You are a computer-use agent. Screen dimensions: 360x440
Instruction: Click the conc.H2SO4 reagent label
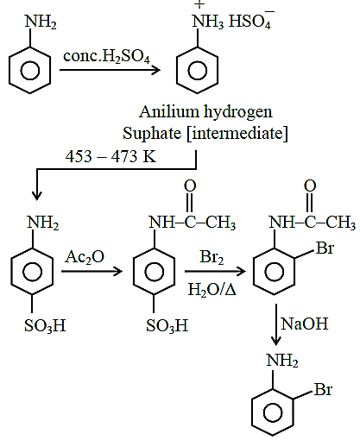coord(106,56)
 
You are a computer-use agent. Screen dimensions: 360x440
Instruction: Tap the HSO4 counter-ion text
coord(251,21)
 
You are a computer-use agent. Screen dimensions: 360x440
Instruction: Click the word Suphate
coord(152,134)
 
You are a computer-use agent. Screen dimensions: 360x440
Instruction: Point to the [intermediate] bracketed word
coord(237,134)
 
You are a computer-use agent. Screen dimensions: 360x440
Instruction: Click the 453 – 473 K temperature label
coord(111,157)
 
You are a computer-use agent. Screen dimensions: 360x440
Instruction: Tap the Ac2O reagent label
coord(85,257)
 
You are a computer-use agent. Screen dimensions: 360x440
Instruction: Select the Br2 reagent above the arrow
coord(212,257)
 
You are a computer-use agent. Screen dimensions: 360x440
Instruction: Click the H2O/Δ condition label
coord(212,289)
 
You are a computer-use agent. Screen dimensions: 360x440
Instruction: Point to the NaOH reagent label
coord(304,324)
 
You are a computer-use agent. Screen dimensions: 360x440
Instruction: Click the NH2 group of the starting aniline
coord(41,22)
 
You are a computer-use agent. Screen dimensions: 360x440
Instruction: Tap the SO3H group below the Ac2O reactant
coord(45,326)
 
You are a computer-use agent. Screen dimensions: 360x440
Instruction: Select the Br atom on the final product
coord(323,390)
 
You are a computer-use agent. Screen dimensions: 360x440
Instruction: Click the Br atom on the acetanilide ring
coord(325,248)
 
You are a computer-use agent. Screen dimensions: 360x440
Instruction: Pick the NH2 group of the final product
coord(282,361)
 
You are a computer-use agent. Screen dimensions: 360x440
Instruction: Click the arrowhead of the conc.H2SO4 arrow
coord(156,70)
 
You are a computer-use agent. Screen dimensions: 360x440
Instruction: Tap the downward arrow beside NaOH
coord(276,324)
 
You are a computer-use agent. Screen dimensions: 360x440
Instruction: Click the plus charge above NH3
coord(199,4)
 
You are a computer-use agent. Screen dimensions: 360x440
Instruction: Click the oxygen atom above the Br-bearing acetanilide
coord(310,185)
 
